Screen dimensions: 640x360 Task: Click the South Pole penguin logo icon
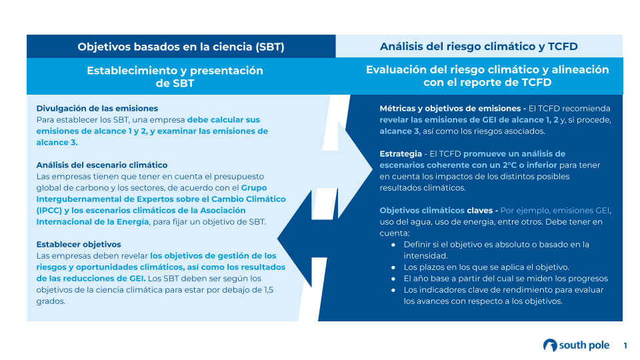click(x=550, y=345)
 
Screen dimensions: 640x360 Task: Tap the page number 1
click(x=625, y=346)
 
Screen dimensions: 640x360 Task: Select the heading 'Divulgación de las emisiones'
click(x=97, y=109)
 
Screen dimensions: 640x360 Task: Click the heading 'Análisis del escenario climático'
click(x=102, y=165)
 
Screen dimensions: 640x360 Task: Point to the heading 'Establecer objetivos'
click(x=79, y=245)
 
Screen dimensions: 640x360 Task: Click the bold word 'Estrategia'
click(x=401, y=154)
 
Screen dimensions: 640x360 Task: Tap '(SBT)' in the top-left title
click(x=270, y=47)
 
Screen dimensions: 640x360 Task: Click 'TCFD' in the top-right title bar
click(x=563, y=47)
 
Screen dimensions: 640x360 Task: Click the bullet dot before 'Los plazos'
click(x=393, y=268)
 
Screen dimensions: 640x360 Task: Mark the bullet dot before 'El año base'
click(x=393, y=279)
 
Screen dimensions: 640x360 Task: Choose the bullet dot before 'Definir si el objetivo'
click(x=393, y=245)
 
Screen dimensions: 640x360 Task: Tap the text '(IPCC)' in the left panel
click(x=49, y=211)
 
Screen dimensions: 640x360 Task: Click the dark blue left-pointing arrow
click(x=303, y=239)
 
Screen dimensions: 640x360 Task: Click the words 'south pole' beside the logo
click(x=584, y=345)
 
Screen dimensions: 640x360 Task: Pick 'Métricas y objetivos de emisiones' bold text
click(x=451, y=109)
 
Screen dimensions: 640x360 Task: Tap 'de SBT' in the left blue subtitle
click(x=175, y=83)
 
